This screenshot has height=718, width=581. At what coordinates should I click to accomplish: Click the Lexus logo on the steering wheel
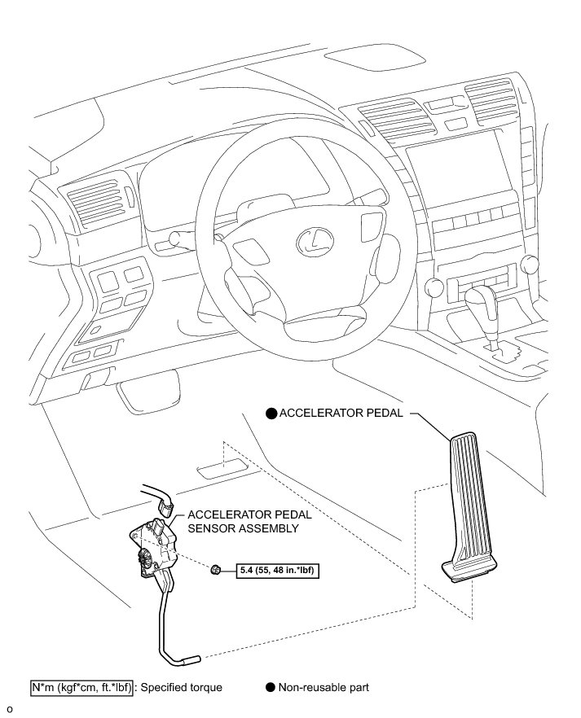310,238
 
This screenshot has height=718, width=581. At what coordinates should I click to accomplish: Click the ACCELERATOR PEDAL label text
341,413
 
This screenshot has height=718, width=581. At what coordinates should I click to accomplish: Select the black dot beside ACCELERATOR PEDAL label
271,414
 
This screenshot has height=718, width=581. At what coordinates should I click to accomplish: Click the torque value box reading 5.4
276,570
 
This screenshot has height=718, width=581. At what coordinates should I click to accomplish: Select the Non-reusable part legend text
324,687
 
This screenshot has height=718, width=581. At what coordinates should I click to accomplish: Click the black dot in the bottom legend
271,687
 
